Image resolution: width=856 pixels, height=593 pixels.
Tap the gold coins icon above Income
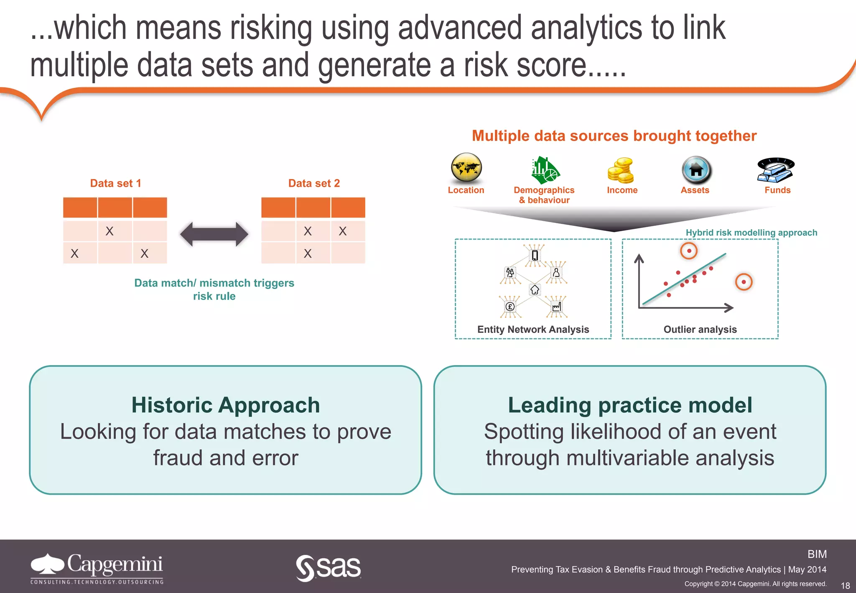621,171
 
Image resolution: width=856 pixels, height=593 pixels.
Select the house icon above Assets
696,170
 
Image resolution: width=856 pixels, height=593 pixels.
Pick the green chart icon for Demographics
545,171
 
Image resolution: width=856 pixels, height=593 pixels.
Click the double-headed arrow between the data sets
214,234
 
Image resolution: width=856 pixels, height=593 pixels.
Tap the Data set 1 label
116,183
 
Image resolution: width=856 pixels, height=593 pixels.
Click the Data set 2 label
314,183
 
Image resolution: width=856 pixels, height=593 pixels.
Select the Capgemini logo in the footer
97,568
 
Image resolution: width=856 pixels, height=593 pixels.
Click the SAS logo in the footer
329,567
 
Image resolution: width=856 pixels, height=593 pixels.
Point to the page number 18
845,585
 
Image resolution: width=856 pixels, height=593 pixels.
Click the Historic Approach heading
226,405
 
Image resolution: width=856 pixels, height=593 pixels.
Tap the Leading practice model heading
630,405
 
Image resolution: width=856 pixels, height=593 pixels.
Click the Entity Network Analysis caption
533,330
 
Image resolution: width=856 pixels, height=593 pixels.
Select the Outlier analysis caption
700,330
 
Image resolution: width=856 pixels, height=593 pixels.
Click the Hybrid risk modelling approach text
751,233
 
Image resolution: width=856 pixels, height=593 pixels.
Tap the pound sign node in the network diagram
510,307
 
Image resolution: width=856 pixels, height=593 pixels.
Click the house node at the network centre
535,289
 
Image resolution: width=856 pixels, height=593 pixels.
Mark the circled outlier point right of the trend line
744,282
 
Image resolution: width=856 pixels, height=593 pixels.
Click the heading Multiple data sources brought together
614,136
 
